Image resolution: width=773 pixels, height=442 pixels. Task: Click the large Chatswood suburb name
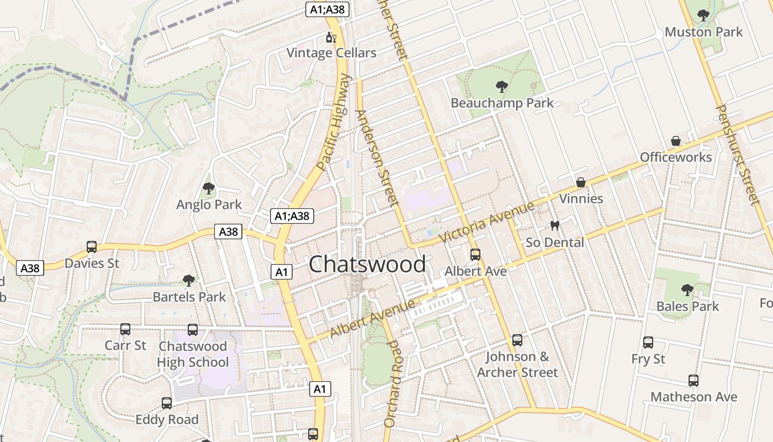367,264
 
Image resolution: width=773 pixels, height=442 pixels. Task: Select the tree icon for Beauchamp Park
502,87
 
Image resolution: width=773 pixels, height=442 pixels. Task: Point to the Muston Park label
703,32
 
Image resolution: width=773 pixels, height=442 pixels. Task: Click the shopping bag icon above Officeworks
675,141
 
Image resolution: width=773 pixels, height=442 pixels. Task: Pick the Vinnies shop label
581,198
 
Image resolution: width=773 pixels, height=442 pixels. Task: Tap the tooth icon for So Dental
555,226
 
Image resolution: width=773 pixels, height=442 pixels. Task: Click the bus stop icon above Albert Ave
475,255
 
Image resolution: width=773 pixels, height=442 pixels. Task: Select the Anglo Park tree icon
209,189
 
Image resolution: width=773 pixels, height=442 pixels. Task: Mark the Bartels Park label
189,297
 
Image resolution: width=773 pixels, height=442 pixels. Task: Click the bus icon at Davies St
92,247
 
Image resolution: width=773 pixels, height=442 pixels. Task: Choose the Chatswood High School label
193,354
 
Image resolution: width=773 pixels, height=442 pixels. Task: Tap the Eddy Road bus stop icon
167,403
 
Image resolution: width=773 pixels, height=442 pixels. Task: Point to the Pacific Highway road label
335,122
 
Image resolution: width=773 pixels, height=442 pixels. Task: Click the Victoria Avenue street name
486,222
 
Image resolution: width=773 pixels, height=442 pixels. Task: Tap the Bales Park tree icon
687,290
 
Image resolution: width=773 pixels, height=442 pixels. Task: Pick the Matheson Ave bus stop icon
693,381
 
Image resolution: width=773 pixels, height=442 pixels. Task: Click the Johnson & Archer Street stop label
517,365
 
